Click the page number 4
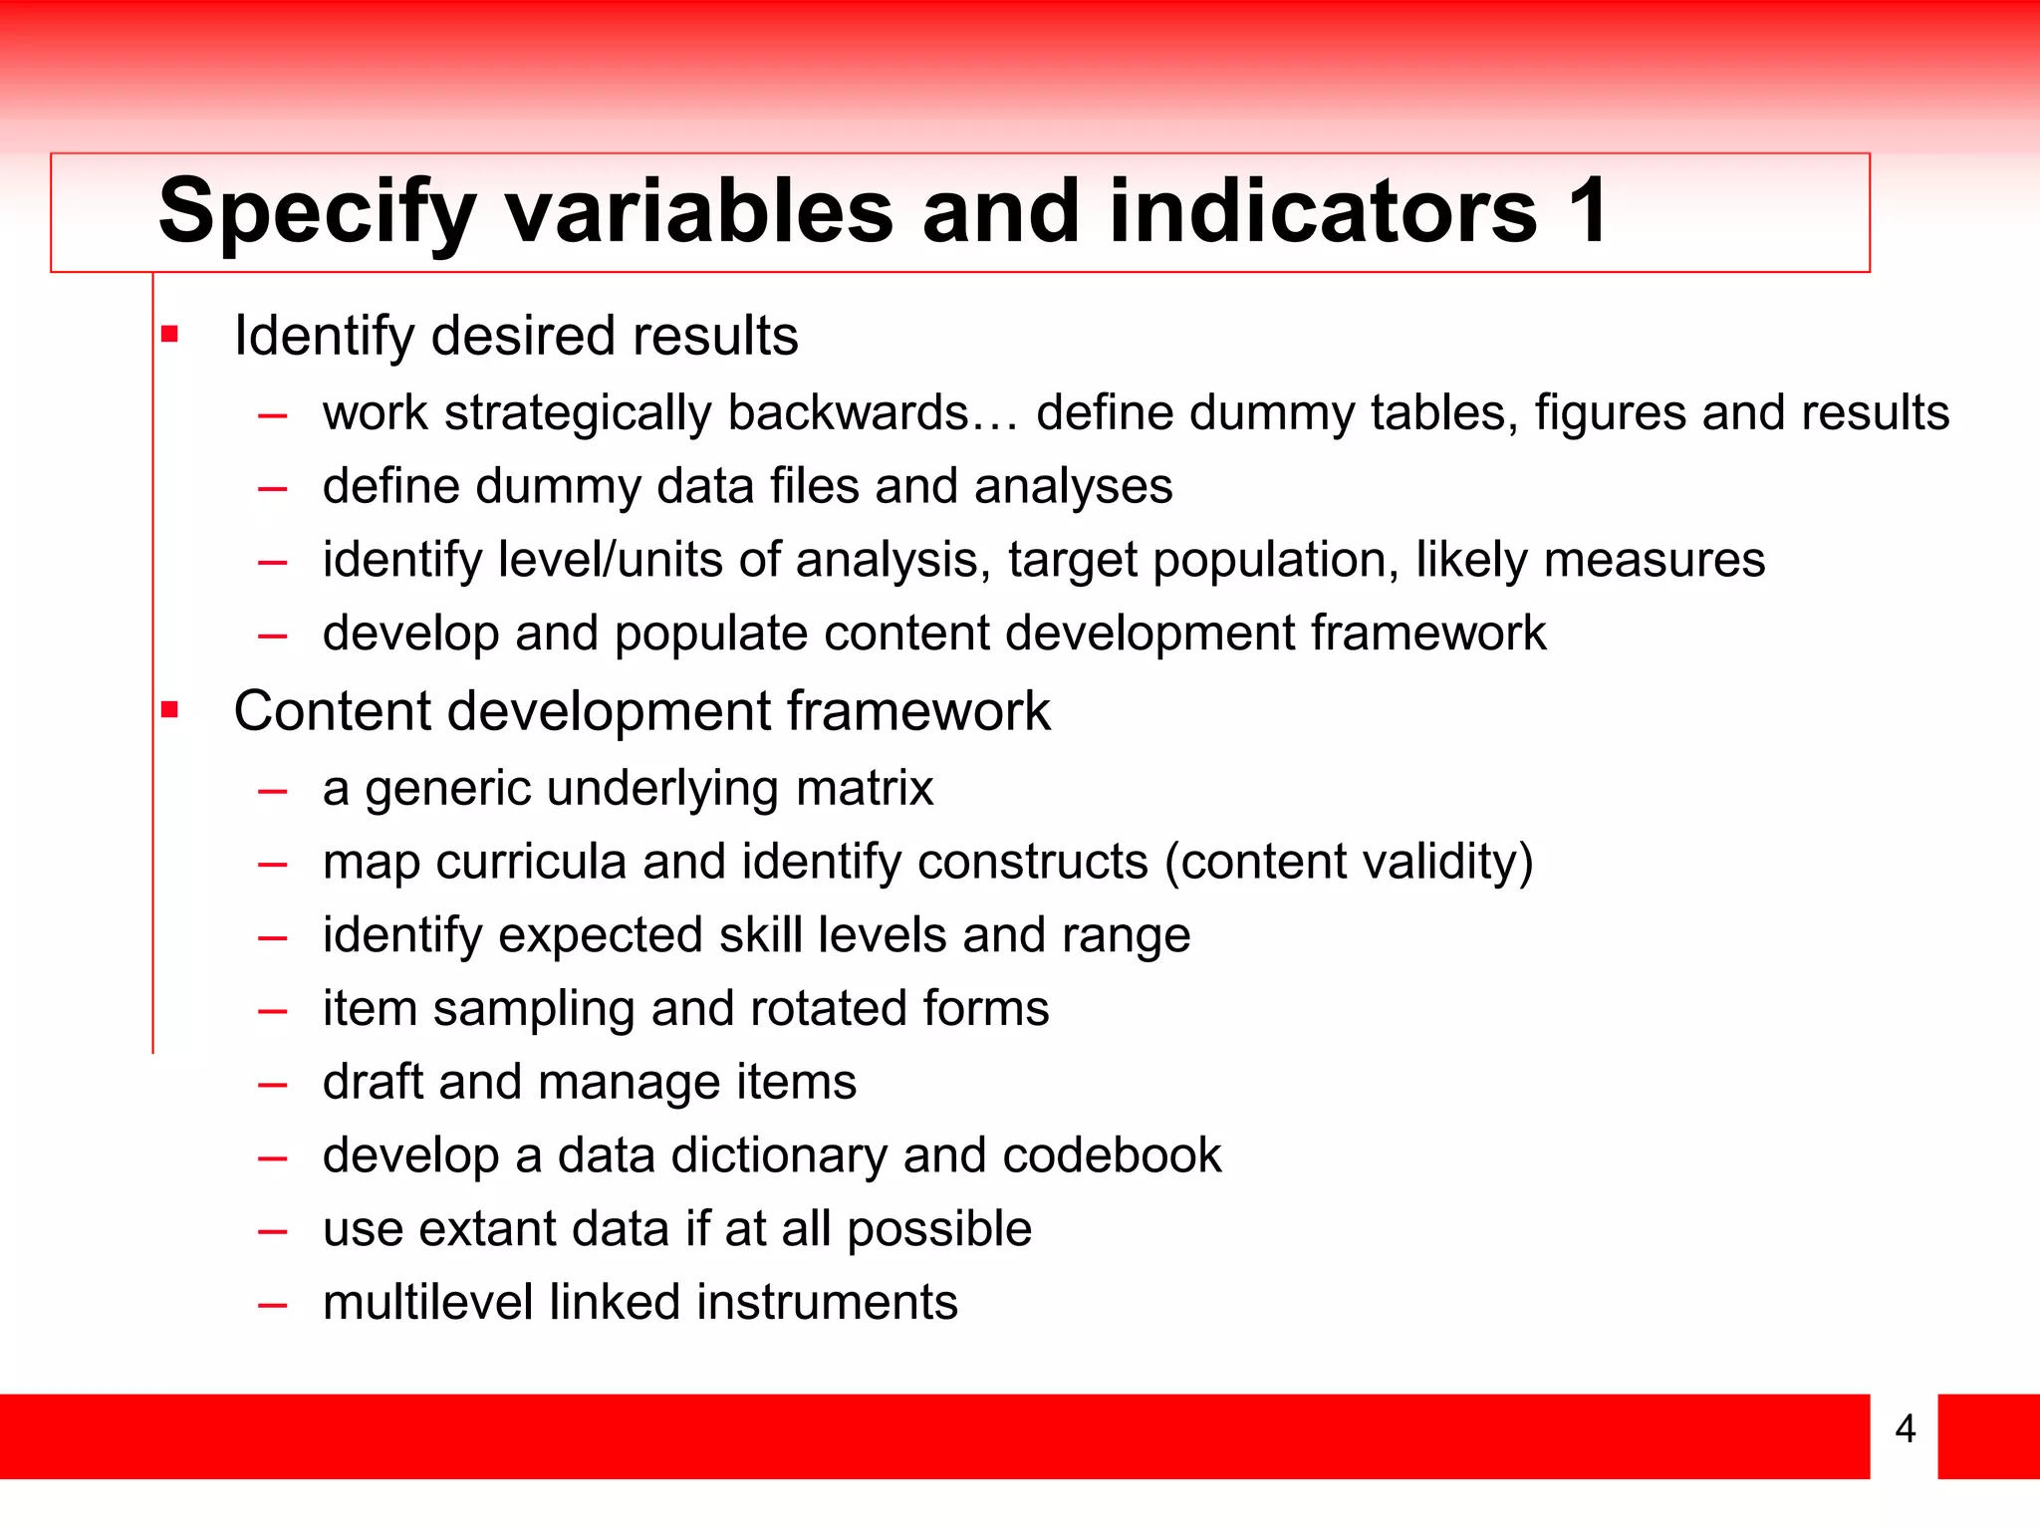tap(1905, 1428)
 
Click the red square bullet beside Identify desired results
tap(170, 335)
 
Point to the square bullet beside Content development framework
tap(170, 710)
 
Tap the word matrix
tap(865, 788)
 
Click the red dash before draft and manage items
tap(272, 1083)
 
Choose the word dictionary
tap(779, 1155)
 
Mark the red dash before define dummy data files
tap(272, 488)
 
